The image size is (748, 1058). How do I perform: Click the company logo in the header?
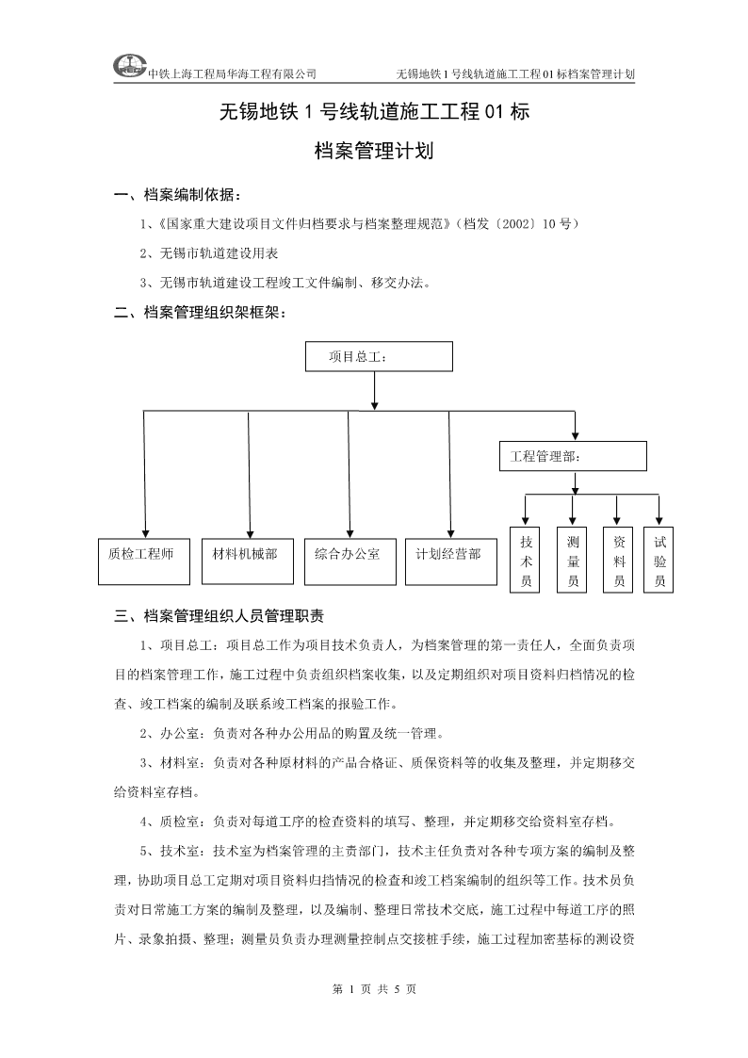tap(129, 66)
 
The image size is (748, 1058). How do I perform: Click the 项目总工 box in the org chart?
tap(379, 356)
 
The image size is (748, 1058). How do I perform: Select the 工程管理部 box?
tap(573, 456)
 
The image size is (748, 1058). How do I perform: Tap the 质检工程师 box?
tap(143, 562)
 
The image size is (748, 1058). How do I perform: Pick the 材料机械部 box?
tap(248, 562)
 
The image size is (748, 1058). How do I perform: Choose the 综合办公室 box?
tap(350, 562)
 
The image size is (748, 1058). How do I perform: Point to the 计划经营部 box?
tap(451, 562)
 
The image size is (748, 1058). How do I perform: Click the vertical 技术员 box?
tap(526, 560)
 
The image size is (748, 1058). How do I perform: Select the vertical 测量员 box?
tap(572, 560)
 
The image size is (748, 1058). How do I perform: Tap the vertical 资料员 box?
tap(618, 560)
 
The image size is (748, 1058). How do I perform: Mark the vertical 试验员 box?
tap(659, 560)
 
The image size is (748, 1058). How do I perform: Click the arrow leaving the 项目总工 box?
tap(374, 390)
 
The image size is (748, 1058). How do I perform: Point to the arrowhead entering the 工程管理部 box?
tap(575, 436)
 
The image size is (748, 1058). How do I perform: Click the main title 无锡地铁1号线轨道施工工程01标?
tap(374, 111)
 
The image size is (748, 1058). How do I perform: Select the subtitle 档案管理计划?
tap(374, 151)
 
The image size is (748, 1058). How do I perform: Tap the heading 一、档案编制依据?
tap(178, 195)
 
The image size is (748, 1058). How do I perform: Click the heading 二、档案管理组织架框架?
tap(201, 313)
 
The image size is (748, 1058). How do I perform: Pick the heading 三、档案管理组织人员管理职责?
tap(220, 615)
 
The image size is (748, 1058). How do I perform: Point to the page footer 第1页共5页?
tap(374, 989)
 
